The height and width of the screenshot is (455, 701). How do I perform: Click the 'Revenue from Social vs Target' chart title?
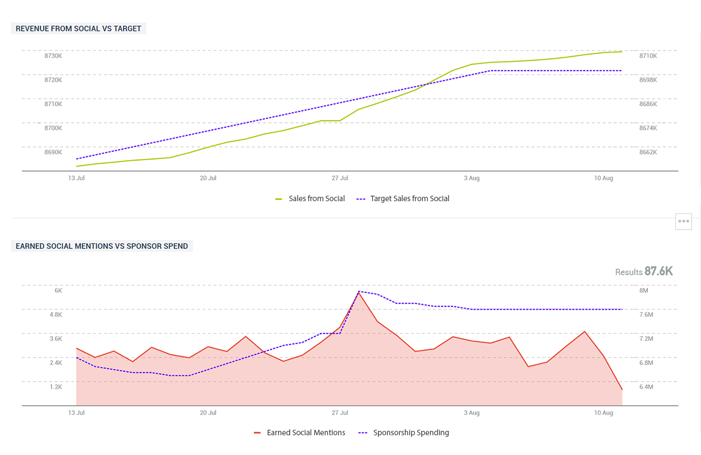tap(78, 29)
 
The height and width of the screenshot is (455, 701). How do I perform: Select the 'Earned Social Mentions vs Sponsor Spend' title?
tap(101, 246)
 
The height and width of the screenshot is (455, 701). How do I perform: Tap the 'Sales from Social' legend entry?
tap(316, 198)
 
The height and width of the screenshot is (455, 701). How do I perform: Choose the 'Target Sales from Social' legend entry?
tap(410, 198)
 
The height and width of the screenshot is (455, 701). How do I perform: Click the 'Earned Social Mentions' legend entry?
tap(306, 433)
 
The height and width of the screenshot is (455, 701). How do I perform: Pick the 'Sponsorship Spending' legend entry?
tap(411, 433)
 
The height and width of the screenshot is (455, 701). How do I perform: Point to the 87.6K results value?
tap(658, 271)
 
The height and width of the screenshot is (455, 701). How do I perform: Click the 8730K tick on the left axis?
tap(53, 56)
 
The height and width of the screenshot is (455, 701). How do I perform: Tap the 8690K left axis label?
tap(53, 152)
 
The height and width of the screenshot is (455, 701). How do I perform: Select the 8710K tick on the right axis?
tap(648, 56)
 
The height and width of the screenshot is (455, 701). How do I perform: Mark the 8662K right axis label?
tap(648, 152)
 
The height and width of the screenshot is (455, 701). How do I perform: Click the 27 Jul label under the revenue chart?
tap(340, 178)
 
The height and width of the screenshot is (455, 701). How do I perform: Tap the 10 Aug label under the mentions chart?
tap(603, 412)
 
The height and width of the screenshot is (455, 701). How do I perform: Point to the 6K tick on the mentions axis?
tap(58, 291)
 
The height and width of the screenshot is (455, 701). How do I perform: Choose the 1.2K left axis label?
tap(56, 387)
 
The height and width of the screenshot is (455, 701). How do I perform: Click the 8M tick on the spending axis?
tap(643, 291)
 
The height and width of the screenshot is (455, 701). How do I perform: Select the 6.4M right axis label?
tap(646, 387)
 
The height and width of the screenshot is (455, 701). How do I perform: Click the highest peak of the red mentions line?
tap(359, 293)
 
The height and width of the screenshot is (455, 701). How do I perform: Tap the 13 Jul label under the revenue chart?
tap(76, 178)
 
